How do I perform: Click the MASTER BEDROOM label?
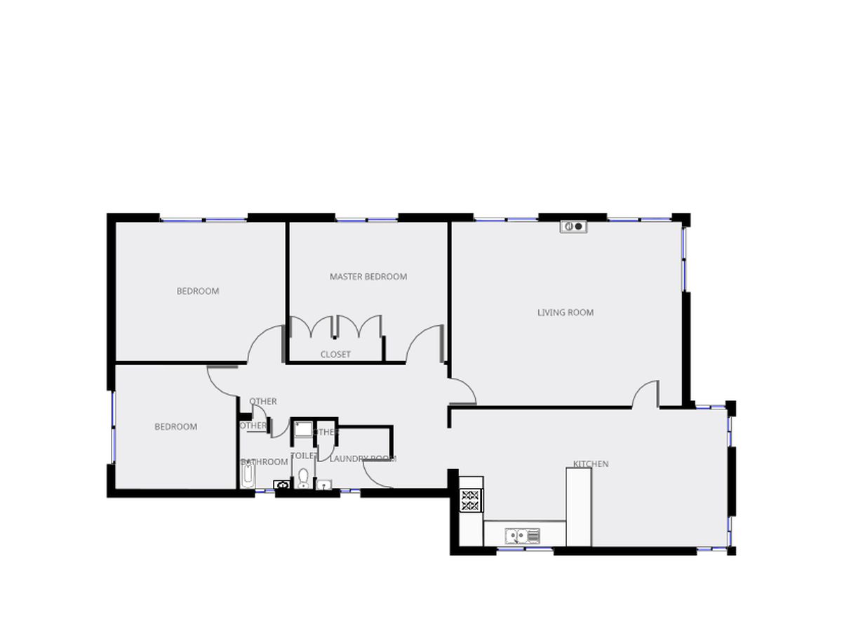click(x=368, y=277)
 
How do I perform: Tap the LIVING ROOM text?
click(x=565, y=312)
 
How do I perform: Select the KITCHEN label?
click(x=590, y=463)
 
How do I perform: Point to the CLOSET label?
click(x=335, y=355)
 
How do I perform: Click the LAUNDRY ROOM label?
click(x=362, y=459)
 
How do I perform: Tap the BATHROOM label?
click(x=265, y=462)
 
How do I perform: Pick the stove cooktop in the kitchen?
click(x=471, y=499)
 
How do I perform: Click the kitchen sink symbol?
click(x=523, y=536)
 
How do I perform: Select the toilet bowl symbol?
click(x=303, y=479)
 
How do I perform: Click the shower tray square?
click(x=302, y=428)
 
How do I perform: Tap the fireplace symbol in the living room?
click(x=573, y=226)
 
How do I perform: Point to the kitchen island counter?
click(x=578, y=506)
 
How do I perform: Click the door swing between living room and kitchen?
click(x=646, y=394)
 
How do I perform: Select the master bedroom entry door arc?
click(x=425, y=343)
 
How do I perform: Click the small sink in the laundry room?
click(x=324, y=485)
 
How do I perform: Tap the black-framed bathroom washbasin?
click(x=281, y=485)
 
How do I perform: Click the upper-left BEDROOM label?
click(x=197, y=291)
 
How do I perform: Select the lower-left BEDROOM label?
click(x=175, y=426)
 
